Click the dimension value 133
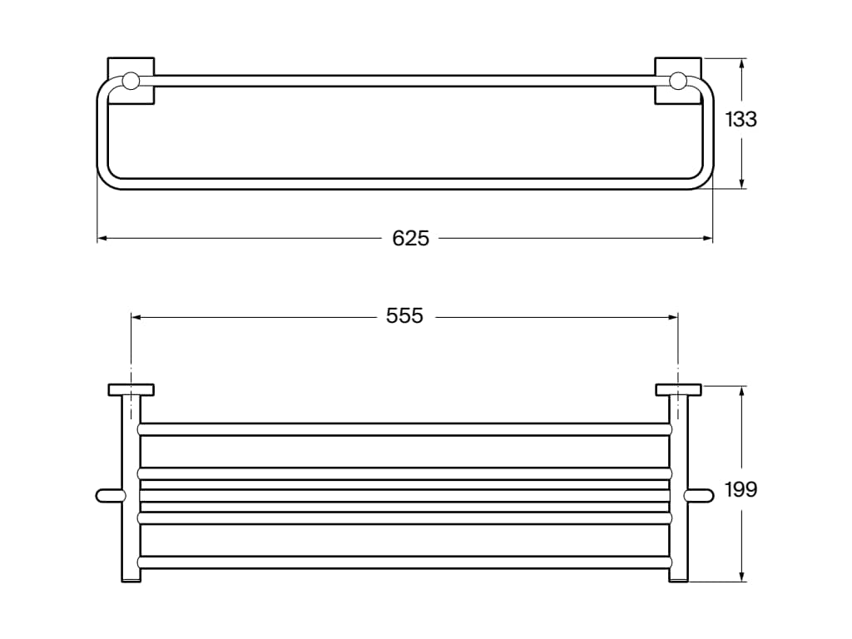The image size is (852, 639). pos(741,120)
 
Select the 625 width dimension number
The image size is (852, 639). pos(410,239)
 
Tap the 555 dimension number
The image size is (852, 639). pos(404,316)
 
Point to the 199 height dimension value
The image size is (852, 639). pos(741,489)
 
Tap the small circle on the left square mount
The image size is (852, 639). pos(131,81)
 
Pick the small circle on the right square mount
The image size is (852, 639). pos(678,81)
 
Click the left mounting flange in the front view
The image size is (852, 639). pos(131,389)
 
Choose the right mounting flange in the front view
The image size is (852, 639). pos(678,389)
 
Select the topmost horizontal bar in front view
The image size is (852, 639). pos(404,429)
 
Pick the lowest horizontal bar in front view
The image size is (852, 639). pos(404,562)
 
